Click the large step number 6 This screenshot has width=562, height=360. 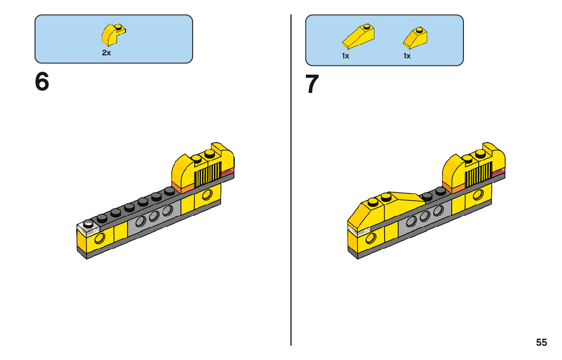[42, 82]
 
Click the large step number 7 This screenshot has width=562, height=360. [313, 85]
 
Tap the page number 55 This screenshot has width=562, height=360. [541, 343]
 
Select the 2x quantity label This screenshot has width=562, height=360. [106, 53]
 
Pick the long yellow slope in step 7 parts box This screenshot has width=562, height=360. [359, 36]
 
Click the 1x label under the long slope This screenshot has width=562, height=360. [346, 56]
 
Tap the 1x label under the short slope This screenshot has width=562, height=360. [407, 56]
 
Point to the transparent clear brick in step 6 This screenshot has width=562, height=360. [87, 228]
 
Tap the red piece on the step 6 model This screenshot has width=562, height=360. [227, 173]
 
